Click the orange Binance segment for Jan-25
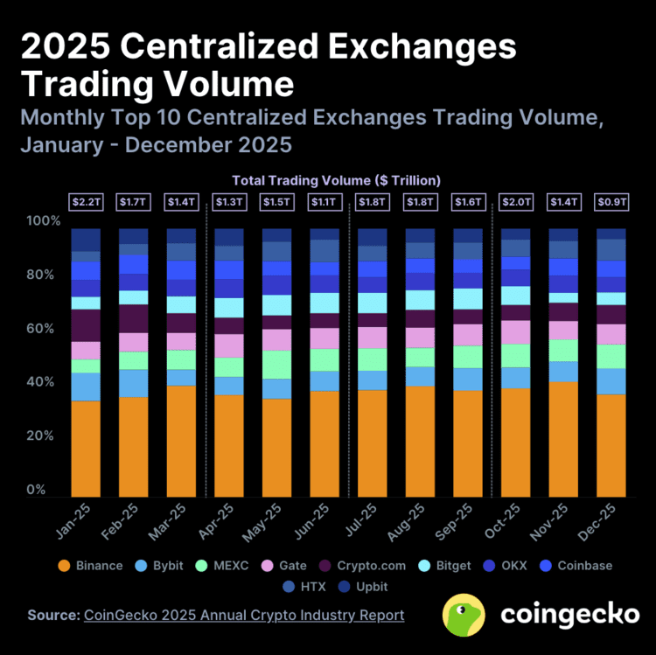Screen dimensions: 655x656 coord(86,449)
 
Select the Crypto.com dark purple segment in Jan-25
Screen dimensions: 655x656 coord(86,325)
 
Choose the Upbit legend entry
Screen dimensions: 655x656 coord(366,587)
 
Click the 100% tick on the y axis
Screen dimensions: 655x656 coord(43,221)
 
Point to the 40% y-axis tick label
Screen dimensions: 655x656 coord(43,383)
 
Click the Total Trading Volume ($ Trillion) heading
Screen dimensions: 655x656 coord(336,180)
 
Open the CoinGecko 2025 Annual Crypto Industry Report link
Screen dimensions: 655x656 coord(244,616)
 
